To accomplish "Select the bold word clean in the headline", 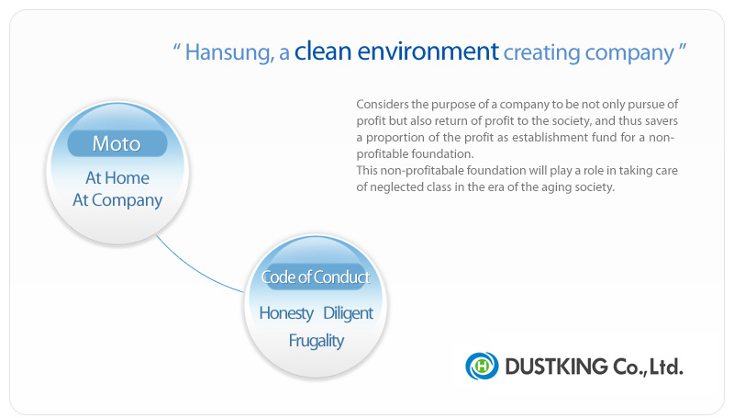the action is click(323, 51).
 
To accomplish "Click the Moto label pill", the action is click(117, 143).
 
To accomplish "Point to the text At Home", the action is click(117, 177).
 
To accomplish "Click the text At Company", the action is click(117, 200).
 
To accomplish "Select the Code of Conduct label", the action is click(316, 277).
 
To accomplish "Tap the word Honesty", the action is click(286, 313).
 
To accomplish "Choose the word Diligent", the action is click(348, 313).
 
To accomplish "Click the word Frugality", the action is click(316, 341).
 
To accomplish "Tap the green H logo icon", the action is click(482, 366).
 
